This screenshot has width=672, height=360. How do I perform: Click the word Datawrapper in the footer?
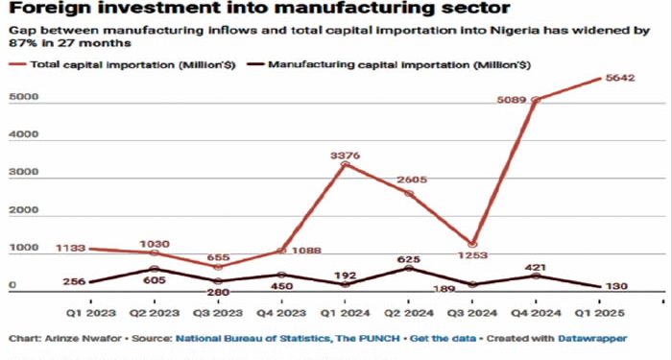click(x=596, y=339)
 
